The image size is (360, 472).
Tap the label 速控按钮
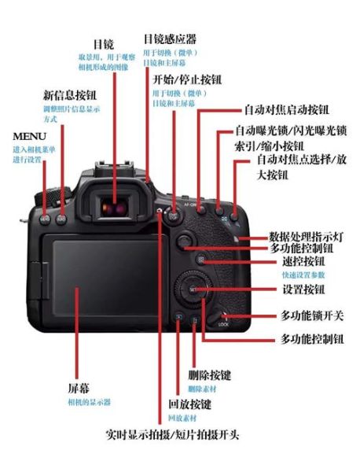(x=303, y=261)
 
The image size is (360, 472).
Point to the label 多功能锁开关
(x=311, y=315)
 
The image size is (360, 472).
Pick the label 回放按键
(x=189, y=404)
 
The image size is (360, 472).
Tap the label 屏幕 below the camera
(x=79, y=389)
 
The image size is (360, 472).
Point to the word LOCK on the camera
(x=223, y=324)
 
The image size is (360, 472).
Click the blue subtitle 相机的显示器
(x=89, y=402)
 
